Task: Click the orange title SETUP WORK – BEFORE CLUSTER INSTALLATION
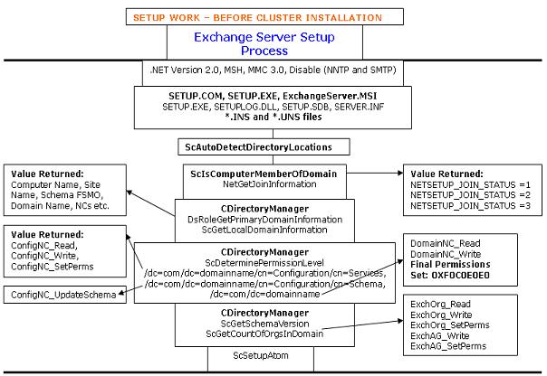(272, 17)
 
